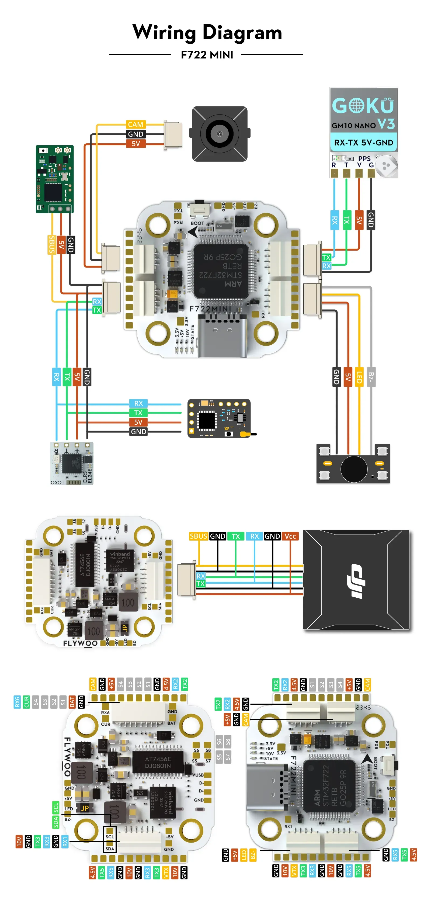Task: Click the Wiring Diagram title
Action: (x=207, y=32)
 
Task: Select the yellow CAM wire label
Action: (x=135, y=124)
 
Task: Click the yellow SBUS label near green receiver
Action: (x=52, y=244)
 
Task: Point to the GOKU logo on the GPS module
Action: (x=363, y=105)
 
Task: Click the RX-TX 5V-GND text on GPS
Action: (x=363, y=143)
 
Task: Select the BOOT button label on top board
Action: (x=197, y=223)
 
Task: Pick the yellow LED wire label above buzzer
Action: (x=359, y=377)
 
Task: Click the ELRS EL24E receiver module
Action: (x=72, y=463)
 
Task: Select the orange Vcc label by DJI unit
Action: (x=290, y=536)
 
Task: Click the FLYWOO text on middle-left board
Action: (x=80, y=643)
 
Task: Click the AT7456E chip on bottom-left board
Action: (x=158, y=762)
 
